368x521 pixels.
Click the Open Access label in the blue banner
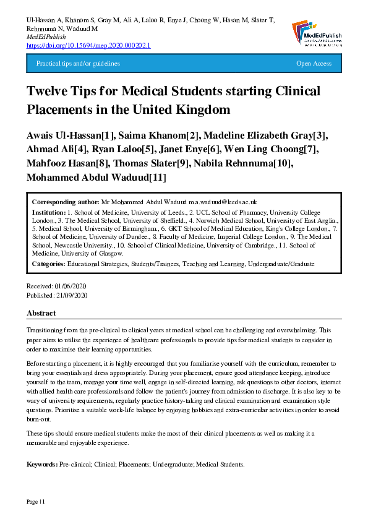pyautogui.click(x=314, y=64)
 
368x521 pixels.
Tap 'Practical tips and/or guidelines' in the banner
pyautogui.click(x=78, y=64)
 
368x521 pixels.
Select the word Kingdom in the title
pyautogui.click(x=207, y=110)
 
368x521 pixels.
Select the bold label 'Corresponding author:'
pyautogui.click(x=64, y=202)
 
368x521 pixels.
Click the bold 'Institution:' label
pyautogui.click(x=49, y=211)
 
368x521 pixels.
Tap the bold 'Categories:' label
pyautogui.click(x=49, y=264)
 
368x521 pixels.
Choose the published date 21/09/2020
pyautogui.click(x=72, y=296)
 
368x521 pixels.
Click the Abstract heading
pyautogui.click(x=41, y=313)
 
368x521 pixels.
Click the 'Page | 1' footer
pyautogui.click(x=35, y=501)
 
